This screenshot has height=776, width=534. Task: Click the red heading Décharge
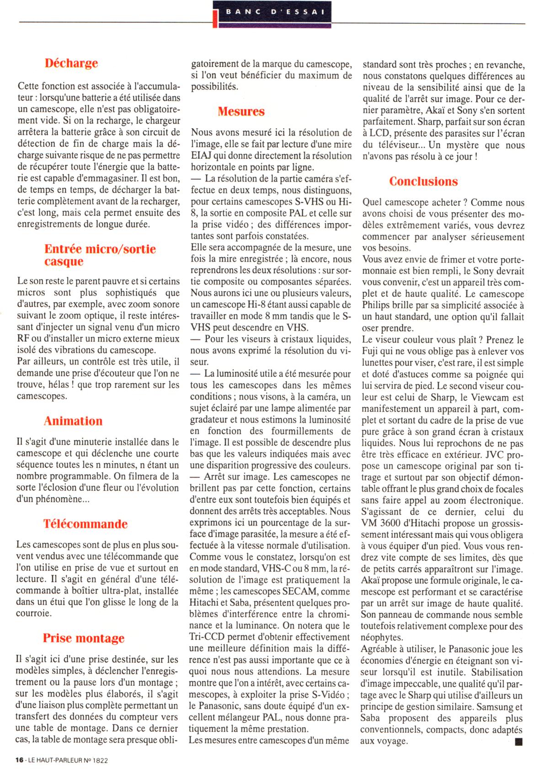tap(71, 63)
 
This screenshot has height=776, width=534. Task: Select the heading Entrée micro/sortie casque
tap(100, 255)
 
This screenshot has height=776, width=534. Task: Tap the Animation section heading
tap(73, 421)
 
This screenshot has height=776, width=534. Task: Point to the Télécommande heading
tap(85, 524)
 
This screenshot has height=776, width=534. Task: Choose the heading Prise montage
tap(84, 638)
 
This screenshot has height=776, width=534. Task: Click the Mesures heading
tap(241, 111)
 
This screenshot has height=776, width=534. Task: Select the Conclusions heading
tap(423, 181)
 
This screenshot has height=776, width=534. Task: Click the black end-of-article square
tap(518, 742)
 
